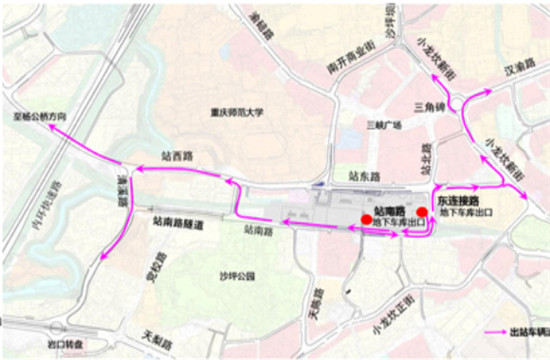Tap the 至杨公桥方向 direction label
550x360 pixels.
(x=40, y=116)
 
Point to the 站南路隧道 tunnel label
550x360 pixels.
(x=177, y=226)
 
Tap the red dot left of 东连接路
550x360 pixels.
(x=424, y=211)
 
